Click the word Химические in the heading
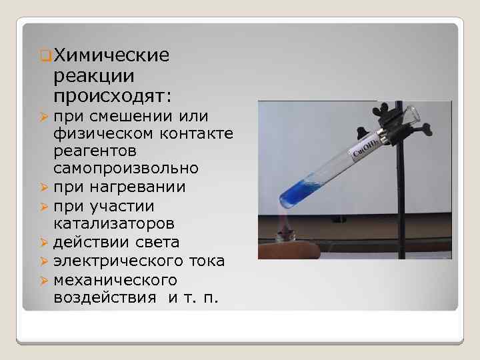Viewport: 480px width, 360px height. [111, 54]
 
